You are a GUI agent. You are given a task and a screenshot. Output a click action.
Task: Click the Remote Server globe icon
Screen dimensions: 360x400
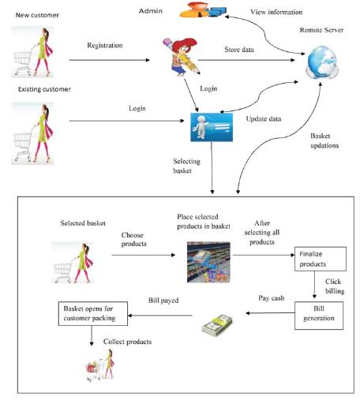[x=322, y=62]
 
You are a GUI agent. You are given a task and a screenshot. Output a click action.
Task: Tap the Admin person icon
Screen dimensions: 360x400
[x=203, y=9]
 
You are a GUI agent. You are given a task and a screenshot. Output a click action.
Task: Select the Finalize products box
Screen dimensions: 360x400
[x=321, y=259]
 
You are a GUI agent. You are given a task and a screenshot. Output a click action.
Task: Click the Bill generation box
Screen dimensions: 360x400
[x=319, y=316]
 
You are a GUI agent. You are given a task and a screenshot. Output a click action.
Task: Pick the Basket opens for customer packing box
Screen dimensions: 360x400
[x=93, y=313]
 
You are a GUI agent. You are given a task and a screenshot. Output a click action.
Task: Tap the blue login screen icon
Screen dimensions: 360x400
[x=212, y=127]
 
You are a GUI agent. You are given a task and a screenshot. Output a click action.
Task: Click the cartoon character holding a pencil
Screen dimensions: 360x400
[x=182, y=57]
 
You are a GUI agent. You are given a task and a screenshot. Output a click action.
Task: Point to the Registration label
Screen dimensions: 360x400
[x=105, y=46]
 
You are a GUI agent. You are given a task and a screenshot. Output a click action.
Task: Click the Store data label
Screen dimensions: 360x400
[x=239, y=50]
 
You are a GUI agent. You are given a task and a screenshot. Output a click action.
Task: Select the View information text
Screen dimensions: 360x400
[x=276, y=12]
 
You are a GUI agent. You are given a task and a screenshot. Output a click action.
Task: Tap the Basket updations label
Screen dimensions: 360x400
[x=324, y=140]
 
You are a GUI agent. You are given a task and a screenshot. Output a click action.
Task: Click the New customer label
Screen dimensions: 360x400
[x=37, y=15]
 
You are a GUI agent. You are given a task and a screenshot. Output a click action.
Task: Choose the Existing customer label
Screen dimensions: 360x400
[x=44, y=89]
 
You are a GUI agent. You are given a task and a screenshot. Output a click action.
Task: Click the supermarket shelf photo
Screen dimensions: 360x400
[x=208, y=262]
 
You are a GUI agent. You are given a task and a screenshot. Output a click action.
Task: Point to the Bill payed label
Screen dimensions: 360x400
[x=163, y=301]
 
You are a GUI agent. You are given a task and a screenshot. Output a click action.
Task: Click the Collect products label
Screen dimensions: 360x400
[x=127, y=342]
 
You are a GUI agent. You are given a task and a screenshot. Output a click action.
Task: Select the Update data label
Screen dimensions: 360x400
[x=264, y=119]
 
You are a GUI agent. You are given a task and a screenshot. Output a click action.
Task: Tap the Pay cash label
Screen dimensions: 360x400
[x=272, y=298]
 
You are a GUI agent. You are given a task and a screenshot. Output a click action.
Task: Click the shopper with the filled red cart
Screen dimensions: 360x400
[x=100, y=365]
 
